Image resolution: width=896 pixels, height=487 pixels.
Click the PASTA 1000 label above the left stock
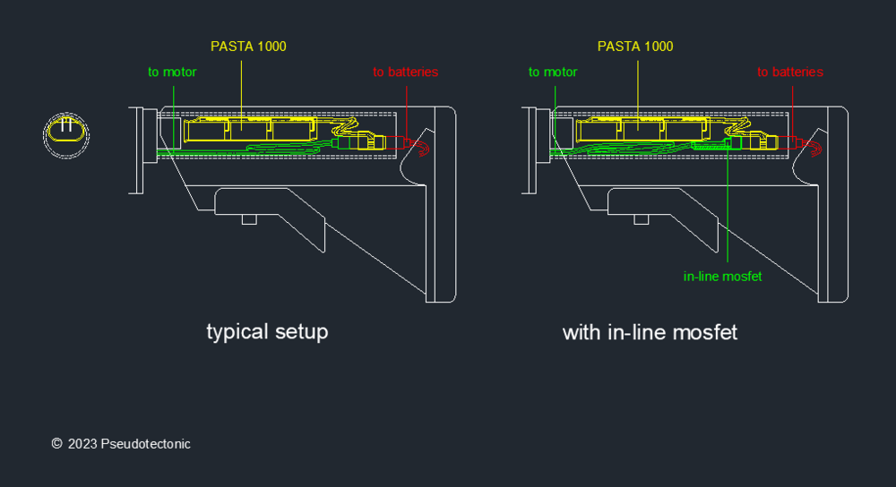coord(248,46)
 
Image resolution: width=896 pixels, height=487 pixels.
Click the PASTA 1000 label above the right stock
coord(635,46)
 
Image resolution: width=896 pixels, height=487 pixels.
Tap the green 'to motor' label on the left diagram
coord(172,72)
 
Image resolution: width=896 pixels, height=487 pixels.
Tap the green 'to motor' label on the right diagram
coord(553,72)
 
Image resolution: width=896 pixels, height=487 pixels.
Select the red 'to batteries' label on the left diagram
coord(406,72)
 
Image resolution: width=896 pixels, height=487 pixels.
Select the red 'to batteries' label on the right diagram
coord(789,72)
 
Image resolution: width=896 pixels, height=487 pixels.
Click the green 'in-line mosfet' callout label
coord(722,277)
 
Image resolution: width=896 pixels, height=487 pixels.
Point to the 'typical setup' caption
coord(267,332)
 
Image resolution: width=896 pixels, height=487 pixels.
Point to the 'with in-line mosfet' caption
coord(650,332)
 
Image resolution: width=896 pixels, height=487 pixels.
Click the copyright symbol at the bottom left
coord(56,444)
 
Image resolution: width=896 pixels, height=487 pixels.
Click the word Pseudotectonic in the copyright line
coord(145,444)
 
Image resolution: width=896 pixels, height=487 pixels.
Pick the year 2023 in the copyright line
coord(82,444)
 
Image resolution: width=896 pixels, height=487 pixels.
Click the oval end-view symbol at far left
coord(66,134)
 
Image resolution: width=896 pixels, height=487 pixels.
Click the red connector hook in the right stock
coord(814,149)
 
